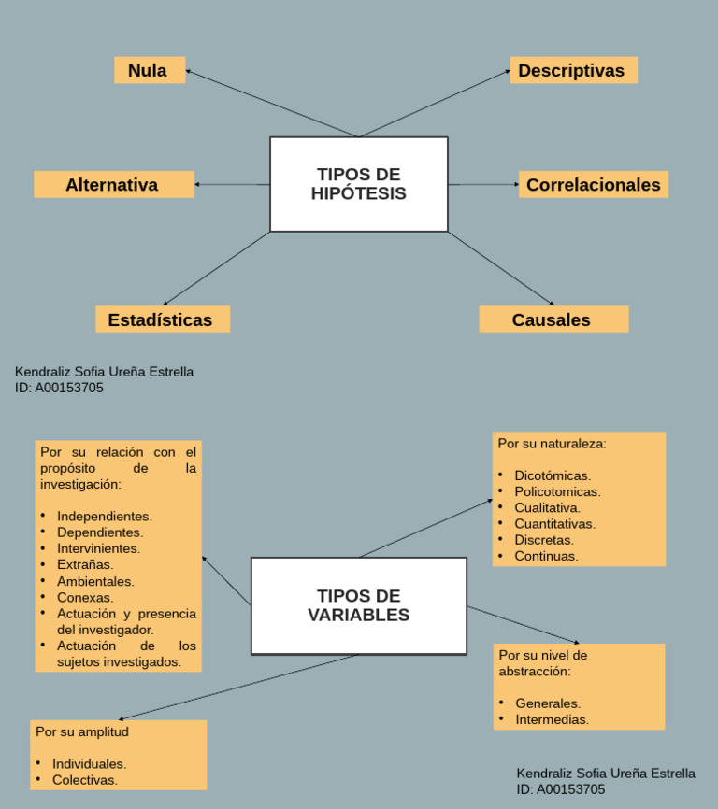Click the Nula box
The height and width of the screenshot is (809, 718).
pyautogui.click(x=150, y=70)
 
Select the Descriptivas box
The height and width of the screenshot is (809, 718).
pyautogui.click(x=573, y=70)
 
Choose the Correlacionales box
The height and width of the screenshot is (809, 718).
pyautogui.click(x=593, y=184)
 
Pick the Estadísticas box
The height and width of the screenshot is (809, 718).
pyautogui.click(x=162, y=319)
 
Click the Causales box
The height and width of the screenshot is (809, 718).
pyautogui.click(x=553, y=319)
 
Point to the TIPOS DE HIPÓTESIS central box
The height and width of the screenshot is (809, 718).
pyautogui.click(x=358, y=184)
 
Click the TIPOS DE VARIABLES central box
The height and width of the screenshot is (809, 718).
pyautogui.click(x=358, y=605)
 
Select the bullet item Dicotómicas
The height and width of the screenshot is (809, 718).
pyautogui.click(x=553, y=475)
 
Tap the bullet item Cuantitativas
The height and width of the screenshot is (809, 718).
pyautogui.click(x=554, y=524)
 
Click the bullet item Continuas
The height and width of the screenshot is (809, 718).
pyautogui.click(x=546, y=556)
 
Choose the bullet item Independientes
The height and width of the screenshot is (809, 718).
pyautogui.click(x=104, y=516)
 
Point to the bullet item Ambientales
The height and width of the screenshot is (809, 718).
pyautogui.click(x=95, y=581)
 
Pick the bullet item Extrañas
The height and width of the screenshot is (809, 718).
pyautogui.click(x=85, y=564)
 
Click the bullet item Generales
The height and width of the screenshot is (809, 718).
pyautogui.click(x=548, y=703)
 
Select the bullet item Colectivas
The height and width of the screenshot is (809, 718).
pyautogui.click(x=85, y=780)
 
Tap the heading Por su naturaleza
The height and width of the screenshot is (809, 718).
pyautogui.click(x=552, y=444)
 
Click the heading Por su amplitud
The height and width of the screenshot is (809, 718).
pyautogui.click(x=82, y=731)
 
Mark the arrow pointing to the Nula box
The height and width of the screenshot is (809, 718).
pyautogui.click(x=271, y=103)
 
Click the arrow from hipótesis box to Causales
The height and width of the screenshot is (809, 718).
pyautogui.click(x=500, y=268)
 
